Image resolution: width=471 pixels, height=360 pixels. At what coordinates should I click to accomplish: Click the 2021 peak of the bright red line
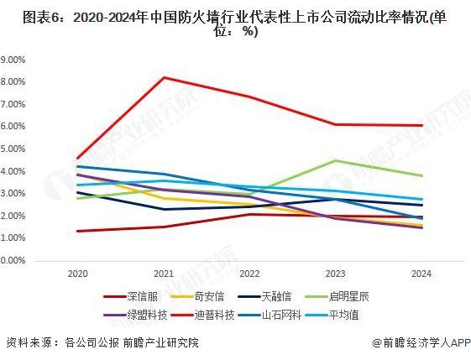(164, 77)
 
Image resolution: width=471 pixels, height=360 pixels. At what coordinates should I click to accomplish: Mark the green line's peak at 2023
(335, 160)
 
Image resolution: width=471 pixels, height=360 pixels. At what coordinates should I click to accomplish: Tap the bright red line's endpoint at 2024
(421, 125)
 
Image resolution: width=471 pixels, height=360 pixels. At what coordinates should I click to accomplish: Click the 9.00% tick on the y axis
(16, 60)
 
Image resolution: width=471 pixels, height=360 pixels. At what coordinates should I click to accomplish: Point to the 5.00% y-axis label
(16, 149)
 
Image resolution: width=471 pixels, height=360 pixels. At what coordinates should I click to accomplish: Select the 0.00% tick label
(16, 261)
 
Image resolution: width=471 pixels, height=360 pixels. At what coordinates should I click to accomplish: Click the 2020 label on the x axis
(76, 274)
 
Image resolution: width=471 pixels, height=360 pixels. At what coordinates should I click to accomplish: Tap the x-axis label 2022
(249, 274)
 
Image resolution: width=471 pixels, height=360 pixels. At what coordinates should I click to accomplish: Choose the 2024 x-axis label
(421, 274)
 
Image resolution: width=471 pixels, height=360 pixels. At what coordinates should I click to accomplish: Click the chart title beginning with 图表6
(235, 24)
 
